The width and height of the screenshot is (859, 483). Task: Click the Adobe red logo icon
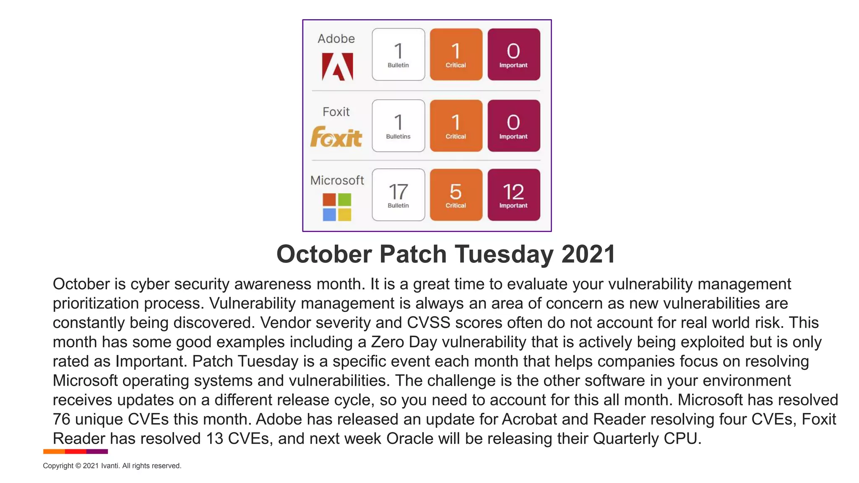pyautogui.click(x=337, y=66)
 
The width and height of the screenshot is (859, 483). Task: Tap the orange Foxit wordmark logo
pyautogui.click(x=336, y=137)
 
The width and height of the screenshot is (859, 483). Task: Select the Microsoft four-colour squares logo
pyautogui.click(x=337, y=207)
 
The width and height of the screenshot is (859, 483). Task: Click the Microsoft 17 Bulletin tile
pyautogui.click(x=398, y=195)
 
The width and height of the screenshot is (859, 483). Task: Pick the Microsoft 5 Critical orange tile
pyautogui.click(x=456, y=195)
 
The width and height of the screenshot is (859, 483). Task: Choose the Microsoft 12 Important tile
pyautogui.click(x=513, y=195)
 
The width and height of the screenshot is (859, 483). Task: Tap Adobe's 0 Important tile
pyautogui.click(x=513, y=55)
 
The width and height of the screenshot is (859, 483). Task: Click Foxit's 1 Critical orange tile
pyautogui.click(x=456, y=126)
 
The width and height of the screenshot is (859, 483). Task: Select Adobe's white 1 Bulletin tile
pyautogui.click(x=398, y=55)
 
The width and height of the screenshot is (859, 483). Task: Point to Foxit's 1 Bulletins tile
pyautogui.click(x=398, y=126)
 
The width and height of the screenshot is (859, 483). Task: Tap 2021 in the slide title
pyautogui.click(x=588, y=254)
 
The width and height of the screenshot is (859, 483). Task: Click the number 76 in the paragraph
pyautogui.click(x=61, y=419)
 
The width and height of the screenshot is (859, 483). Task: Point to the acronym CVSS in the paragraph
pyautogui.click(x=428, y=323)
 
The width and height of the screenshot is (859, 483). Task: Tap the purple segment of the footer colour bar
pyautogui.click(x=97, y=452)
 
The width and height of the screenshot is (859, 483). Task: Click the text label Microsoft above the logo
pyautogui.click(x=337, y=180)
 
